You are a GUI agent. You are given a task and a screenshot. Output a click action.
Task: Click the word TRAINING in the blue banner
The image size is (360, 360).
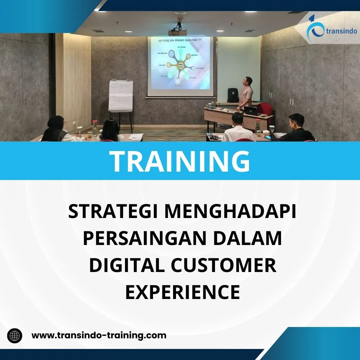[180, 161]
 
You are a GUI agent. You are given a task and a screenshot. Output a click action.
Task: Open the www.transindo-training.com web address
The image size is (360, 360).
[99, 335]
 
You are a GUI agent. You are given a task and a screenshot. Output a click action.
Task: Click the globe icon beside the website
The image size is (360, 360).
[15, 335]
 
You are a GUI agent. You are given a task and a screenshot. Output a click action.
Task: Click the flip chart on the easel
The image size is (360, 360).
[121, 96]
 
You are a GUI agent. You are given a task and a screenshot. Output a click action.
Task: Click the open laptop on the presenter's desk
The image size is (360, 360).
[252, 111]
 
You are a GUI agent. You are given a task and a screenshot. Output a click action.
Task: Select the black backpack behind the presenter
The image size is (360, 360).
[232, 95]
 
